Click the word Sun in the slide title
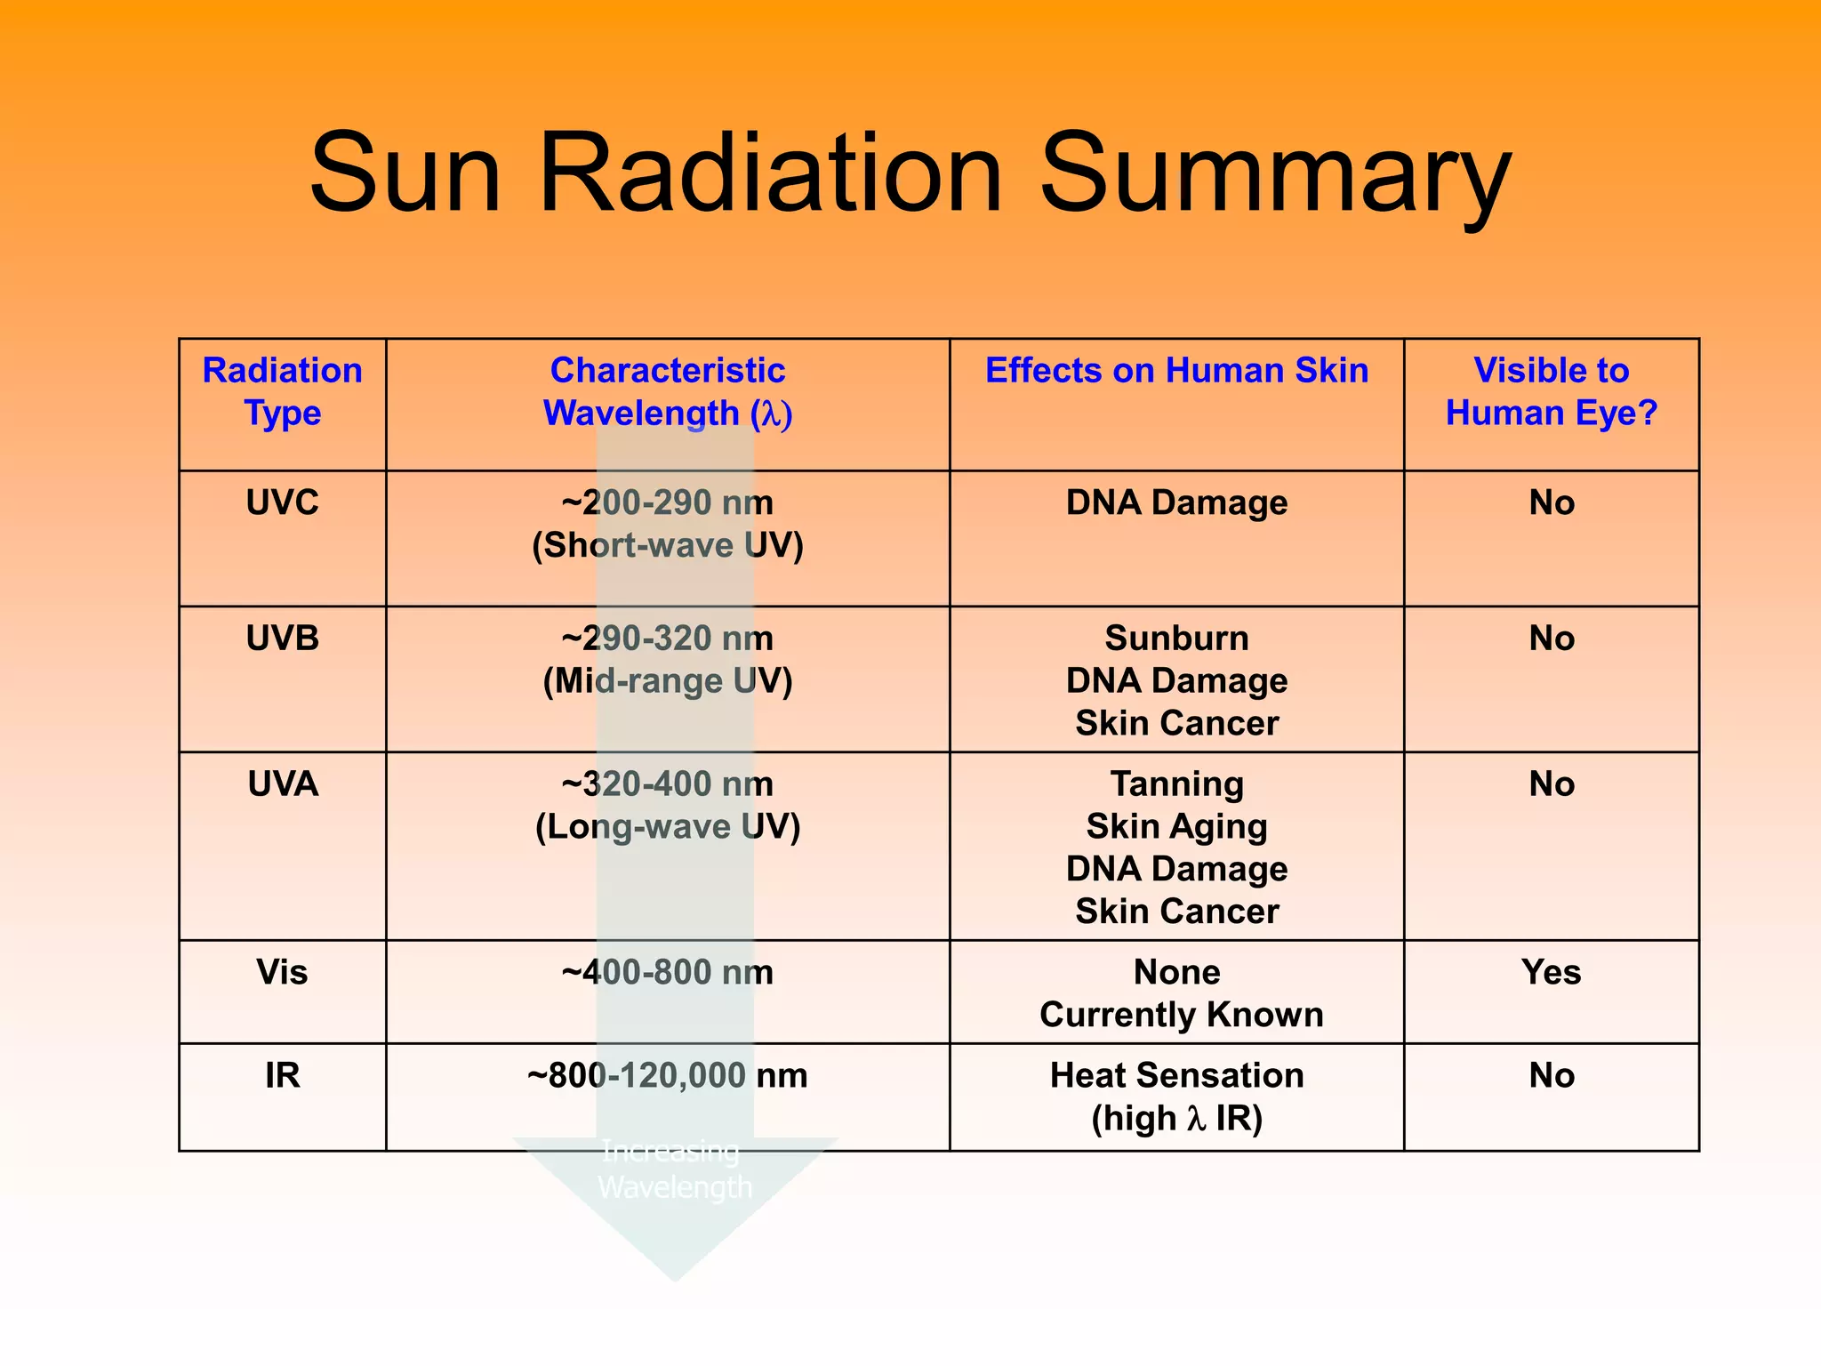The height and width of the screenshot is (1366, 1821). [405, 173]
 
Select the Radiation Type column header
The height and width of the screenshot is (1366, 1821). [282, 391]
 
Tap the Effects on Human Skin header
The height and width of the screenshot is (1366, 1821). [1176, 370]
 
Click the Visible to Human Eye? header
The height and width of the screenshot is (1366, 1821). [1551, 391]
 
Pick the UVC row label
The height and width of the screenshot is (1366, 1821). [282, 502]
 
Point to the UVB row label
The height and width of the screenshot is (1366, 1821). [282, 638]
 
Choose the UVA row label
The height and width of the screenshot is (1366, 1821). [282, 783]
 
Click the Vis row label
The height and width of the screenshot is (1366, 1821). [282, 971]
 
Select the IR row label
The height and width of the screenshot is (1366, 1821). [282, 1075]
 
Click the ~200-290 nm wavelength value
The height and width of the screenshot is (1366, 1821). [667, 502]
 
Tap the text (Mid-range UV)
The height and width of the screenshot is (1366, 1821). [667, 681]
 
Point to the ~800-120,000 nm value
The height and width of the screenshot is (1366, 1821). [667, 1075]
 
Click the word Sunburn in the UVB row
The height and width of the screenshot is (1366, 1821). [1176, 638]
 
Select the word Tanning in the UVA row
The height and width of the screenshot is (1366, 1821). [1176, 783]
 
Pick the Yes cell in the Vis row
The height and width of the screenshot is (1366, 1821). [1551, 971]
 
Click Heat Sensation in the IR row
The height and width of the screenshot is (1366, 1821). [1176, 1075]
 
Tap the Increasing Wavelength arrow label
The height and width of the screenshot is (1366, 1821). [673, 1169]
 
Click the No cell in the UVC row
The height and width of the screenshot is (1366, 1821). [1551, 502]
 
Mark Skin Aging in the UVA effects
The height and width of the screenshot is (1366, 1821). [1176, 826]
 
